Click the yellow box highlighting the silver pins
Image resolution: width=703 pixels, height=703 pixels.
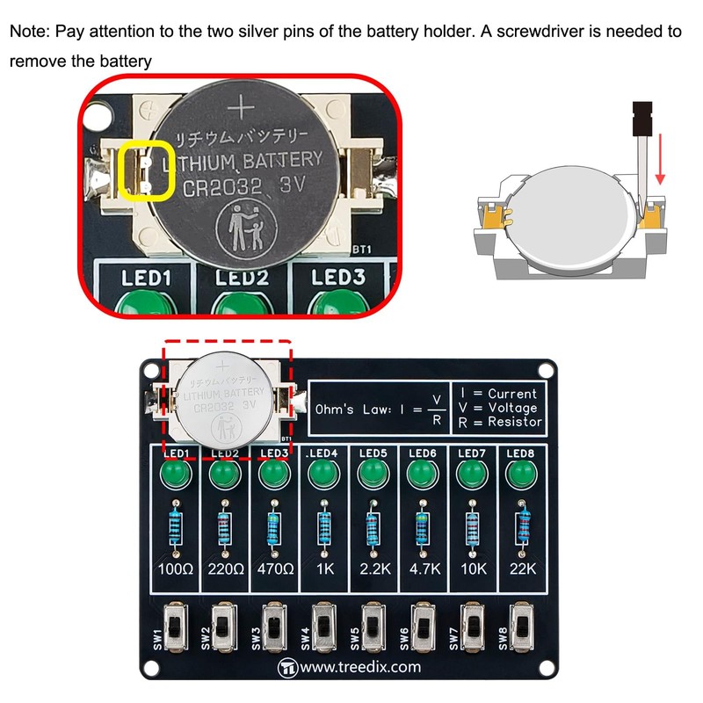[146, 170]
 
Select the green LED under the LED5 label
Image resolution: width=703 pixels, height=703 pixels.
[373, 477]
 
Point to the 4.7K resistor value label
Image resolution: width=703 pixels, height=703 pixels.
[424, 568]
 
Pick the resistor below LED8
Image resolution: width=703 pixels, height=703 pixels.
[525, 525]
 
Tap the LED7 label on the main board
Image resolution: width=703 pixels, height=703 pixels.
[473, 453]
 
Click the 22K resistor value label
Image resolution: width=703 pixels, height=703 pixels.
[524, 568]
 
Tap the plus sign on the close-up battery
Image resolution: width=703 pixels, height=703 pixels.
[243, 110]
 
